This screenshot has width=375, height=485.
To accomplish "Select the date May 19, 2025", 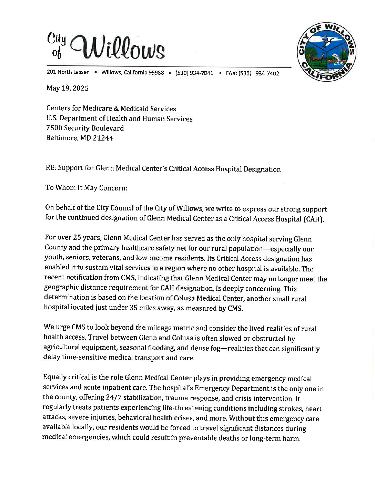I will pyautogui.click(x=68, y=88).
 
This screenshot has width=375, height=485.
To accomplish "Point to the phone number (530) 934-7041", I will pyautogui.click(x=194, y=73).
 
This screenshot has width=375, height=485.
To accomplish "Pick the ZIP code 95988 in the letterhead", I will pyautogui.click(x=156, y=73).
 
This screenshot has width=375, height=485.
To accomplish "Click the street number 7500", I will pyautogui.click(x=54, y=128).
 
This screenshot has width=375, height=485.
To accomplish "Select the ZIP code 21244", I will pyautogui.click(x=103, y=138).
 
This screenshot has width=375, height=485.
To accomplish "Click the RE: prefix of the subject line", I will pyautogui.click(x=51, y=168).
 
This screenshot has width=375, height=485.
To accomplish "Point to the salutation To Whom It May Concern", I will pyautogui.click(x=86, y=188).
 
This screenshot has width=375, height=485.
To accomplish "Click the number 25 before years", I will pyautogui.click(x=78, y=238).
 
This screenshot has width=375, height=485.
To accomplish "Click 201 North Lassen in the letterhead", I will pyautogui.click(x=68, y=72).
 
